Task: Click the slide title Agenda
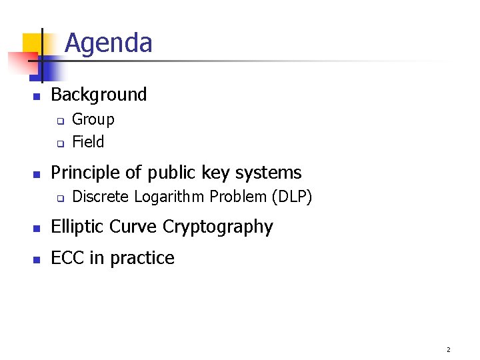(109, 43)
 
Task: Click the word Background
(99, 95)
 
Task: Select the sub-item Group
(93, 120)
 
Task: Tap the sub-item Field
(88, 142)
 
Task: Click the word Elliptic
(75, 227)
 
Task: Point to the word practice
(142, 258)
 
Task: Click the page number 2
(448, 349)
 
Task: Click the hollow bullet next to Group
(59, 121)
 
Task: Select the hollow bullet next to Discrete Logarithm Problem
(59, 199)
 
